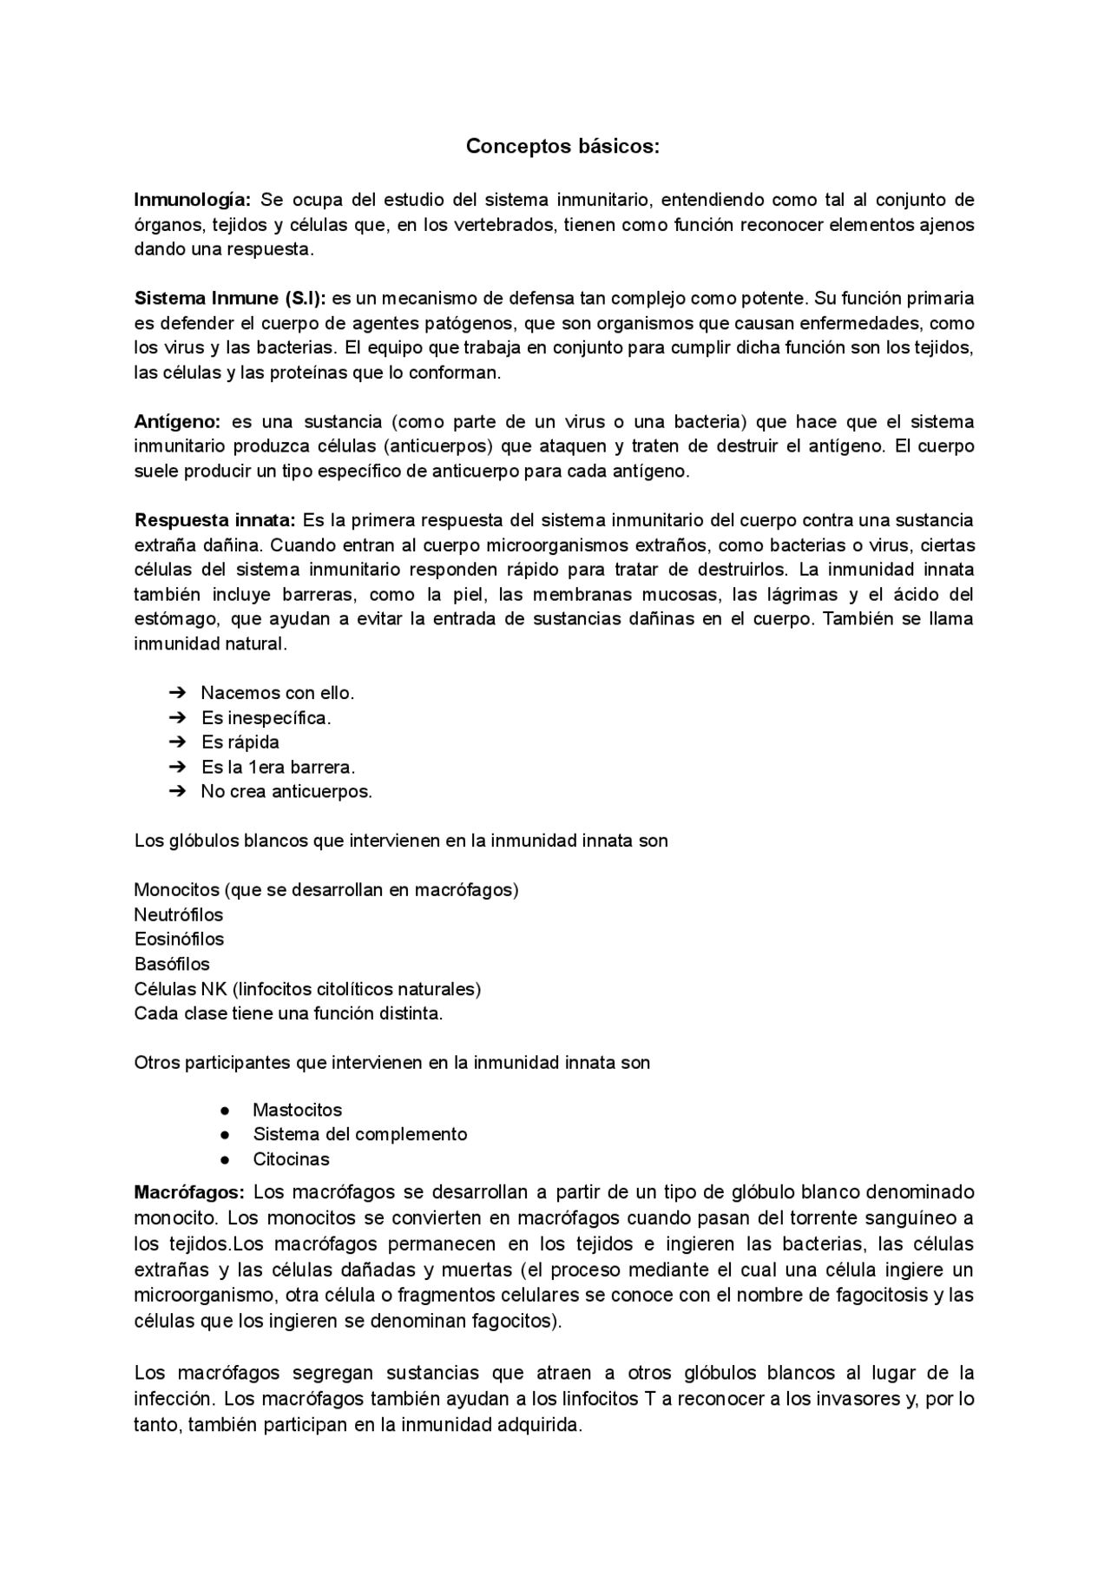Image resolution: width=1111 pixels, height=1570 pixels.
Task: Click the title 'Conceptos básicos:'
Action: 562,147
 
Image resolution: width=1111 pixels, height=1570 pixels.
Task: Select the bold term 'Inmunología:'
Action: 192,200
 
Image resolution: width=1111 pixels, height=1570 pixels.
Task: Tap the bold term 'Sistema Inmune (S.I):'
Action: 230,299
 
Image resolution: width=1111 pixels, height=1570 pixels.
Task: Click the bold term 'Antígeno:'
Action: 178,422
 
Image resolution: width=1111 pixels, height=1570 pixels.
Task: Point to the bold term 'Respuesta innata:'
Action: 215,520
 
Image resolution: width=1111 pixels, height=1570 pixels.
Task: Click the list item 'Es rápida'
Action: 240,742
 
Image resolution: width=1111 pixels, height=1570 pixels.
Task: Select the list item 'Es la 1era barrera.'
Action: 278,767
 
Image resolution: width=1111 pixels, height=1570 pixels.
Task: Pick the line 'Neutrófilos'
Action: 179,914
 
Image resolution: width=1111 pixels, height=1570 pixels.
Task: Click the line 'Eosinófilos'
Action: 179,939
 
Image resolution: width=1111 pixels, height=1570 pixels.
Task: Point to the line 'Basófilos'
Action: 172,964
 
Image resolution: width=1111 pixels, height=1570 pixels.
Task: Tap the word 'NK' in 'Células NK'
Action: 214,988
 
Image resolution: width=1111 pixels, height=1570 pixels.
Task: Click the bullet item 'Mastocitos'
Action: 297,1110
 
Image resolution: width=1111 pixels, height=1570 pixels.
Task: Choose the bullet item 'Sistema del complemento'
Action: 359,1134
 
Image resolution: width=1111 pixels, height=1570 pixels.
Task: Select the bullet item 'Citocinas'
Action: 291,1159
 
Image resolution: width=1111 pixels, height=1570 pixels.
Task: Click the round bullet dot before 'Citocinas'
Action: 225,1159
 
